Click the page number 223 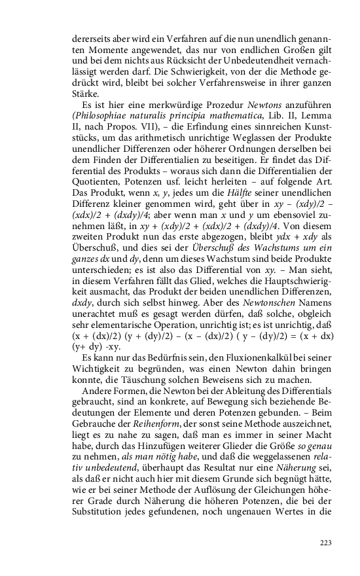pyautogui.click(x=325, y=543)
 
